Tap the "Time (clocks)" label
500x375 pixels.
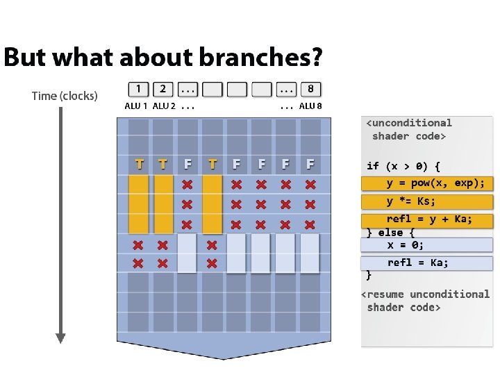(65, 96)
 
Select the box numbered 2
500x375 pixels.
(162, 89)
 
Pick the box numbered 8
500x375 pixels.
(310, 89)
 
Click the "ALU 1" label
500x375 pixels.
(136, 106)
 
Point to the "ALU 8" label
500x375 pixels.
(310, 106)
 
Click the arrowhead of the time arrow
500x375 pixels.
(60, 337)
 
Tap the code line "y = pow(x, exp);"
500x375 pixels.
(435, 183)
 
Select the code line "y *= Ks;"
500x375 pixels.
(411, 201)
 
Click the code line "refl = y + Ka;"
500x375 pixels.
(429, 219)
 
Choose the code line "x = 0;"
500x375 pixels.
(406, 245)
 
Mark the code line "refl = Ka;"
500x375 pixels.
(418, 262)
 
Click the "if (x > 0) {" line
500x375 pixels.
(403, 166)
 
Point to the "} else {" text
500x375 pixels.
(390, 233)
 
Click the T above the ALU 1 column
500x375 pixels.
(140, 165)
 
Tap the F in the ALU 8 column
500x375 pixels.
(310, 165)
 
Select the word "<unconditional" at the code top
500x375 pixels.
(409, 123)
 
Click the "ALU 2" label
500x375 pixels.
(164, 106)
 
